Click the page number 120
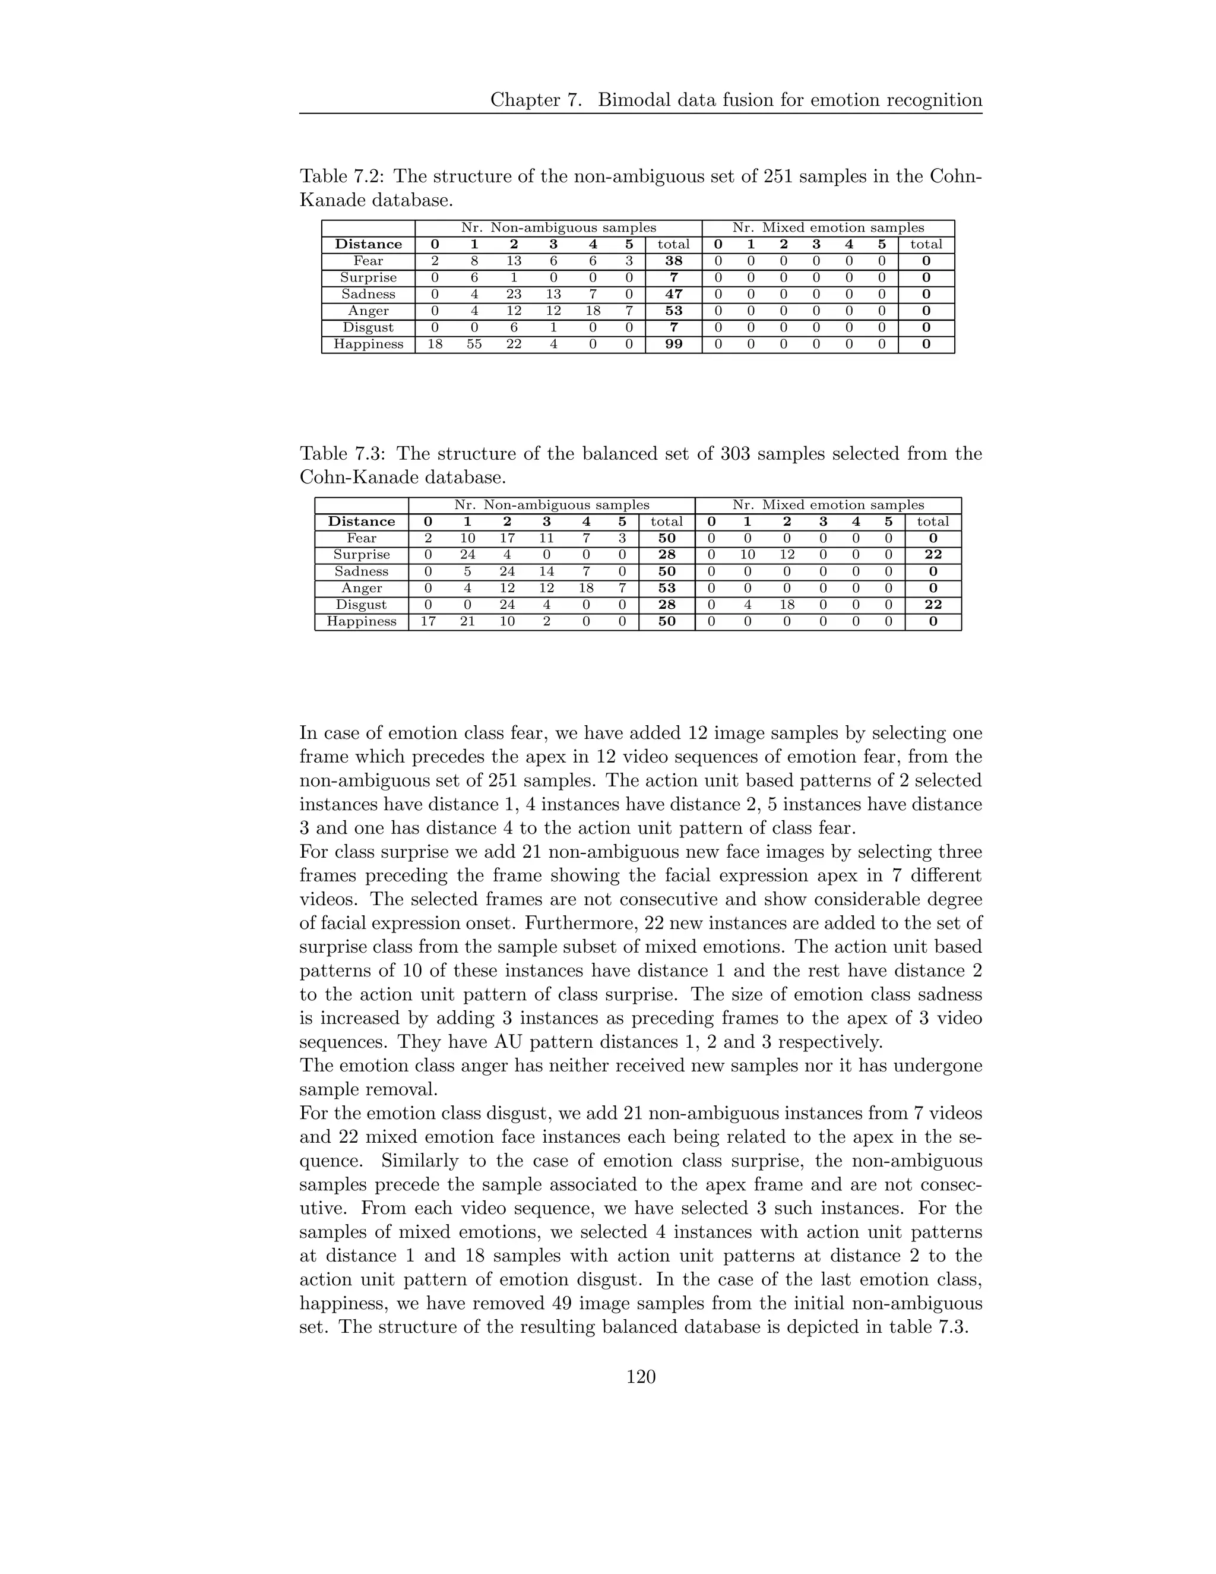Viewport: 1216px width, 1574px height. tap(641, 1377)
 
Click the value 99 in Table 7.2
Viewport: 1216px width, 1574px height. tap(673, 344)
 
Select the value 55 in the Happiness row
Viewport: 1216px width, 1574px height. tap(474, 344)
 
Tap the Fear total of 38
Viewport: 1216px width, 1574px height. tap(673, 261)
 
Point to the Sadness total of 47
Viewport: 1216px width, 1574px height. tap(673, 294)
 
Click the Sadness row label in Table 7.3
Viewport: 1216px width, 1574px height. tap(361, 571)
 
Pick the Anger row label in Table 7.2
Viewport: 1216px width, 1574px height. tap(368, 311)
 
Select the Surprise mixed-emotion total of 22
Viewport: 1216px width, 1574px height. tap(933, 555)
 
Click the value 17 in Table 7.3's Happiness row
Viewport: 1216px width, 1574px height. tap(428, 621)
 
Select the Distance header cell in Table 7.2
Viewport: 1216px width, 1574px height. tap(368, 244)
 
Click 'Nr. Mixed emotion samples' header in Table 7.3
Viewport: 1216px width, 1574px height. tap(828, 505)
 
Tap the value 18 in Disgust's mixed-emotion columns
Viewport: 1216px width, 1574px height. tap(787, 605)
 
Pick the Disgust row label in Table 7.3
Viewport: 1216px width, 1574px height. tap(361, 605)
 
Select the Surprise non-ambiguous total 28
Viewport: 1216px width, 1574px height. tap(666, 555)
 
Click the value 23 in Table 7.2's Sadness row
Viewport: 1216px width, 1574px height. tap(514, 294)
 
